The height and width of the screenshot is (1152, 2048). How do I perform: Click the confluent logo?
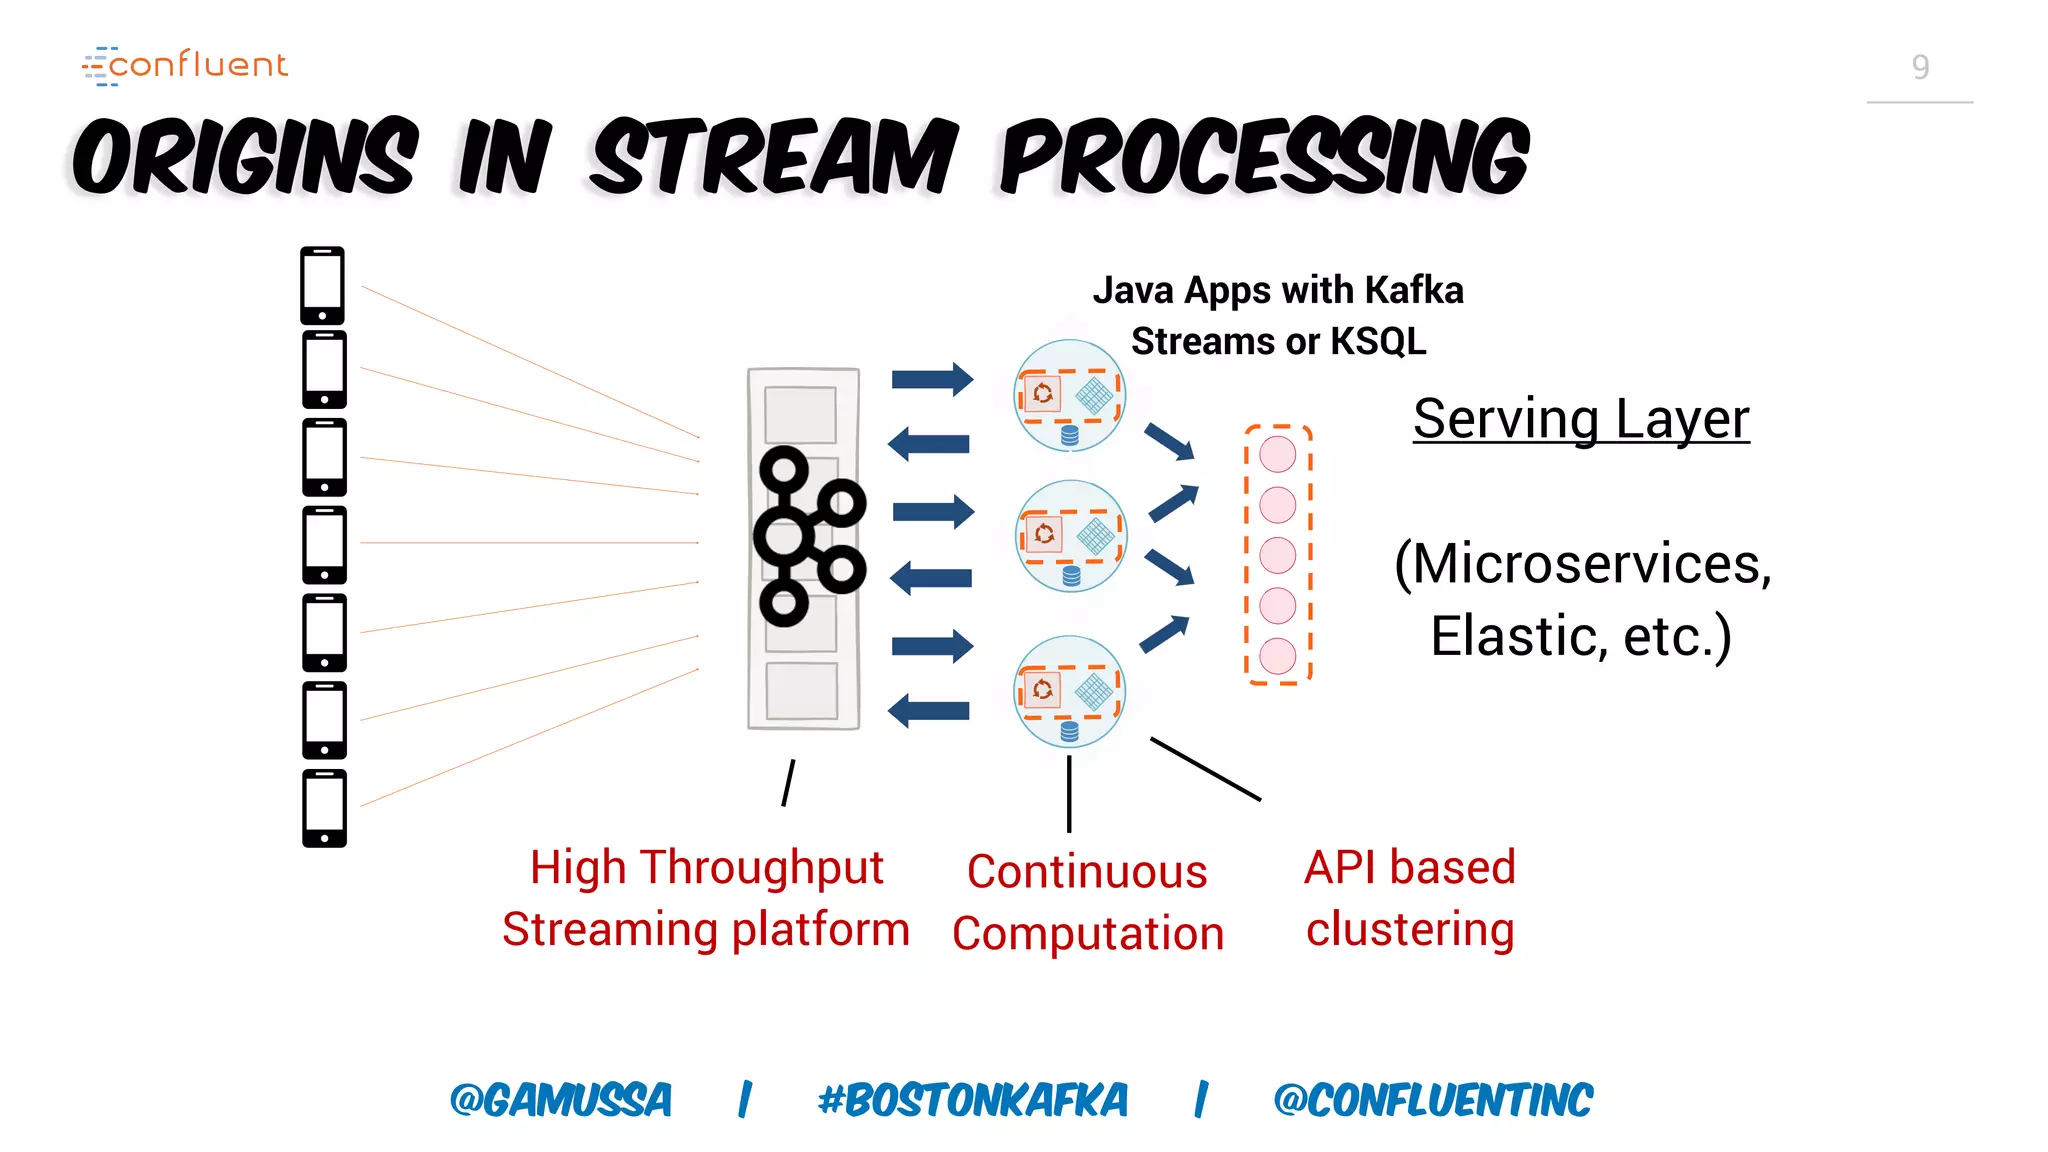coord(186,65)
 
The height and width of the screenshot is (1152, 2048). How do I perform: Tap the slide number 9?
coord(1919,67)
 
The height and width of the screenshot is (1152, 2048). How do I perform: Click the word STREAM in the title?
coord(773,157)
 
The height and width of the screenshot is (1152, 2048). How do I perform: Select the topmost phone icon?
coord(322,285)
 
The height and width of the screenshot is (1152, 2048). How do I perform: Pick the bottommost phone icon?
coord(324,808)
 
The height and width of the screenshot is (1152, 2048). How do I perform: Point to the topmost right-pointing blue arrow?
coord(932,379)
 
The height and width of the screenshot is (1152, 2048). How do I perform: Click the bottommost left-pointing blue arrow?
coord(929,711)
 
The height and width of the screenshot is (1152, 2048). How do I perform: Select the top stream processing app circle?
coord(1069,395)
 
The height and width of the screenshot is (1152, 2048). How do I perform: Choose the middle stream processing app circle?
coord(1070,537)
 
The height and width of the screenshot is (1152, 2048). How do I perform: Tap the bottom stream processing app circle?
coord(1069,691)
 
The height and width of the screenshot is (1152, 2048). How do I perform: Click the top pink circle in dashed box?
coord(1277,454)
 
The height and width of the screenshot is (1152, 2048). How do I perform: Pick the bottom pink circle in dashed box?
coord(1277,656)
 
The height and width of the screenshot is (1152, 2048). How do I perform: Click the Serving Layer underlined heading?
coord(1580,419)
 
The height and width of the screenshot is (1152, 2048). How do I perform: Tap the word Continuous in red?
coord(1087,872)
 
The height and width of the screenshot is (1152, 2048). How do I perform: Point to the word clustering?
coord(1410,930)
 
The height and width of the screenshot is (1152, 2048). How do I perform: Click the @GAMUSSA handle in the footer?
coord(561,1100)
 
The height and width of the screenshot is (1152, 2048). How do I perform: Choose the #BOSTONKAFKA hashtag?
coord(972,1100)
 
